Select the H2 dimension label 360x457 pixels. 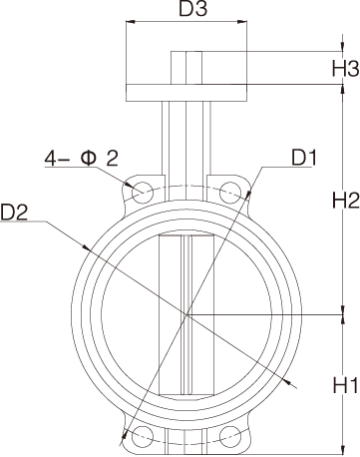click(344, 200)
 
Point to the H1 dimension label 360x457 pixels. click(344, 383)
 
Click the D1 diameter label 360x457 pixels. click(304, 158)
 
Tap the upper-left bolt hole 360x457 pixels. click(142, 190)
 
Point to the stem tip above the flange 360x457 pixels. click(185, 67)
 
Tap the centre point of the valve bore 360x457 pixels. click(185, 315)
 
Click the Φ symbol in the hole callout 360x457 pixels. click(88, 158)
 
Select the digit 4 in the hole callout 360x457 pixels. click(49, 158)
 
